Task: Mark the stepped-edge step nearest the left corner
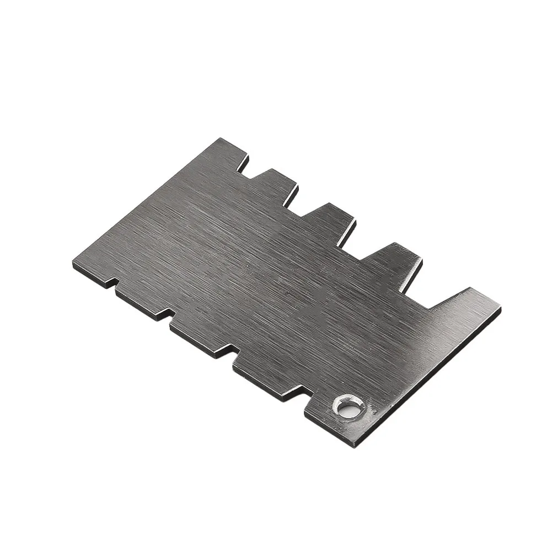[113, 287]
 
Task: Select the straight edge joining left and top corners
[146, 201]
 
